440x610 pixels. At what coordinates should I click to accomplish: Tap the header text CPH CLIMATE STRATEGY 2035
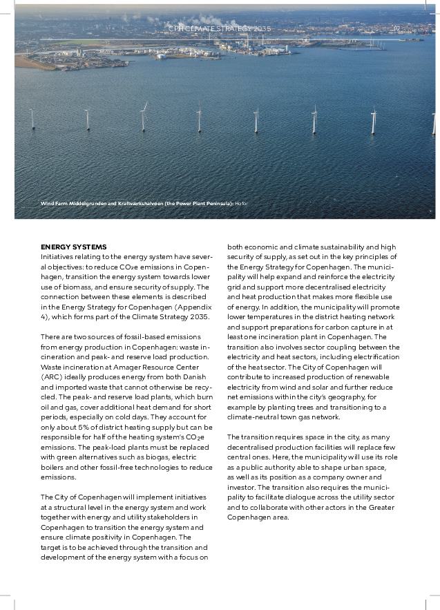tap(220, 29)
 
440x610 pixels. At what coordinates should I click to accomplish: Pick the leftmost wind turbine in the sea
tap(32, 119)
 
